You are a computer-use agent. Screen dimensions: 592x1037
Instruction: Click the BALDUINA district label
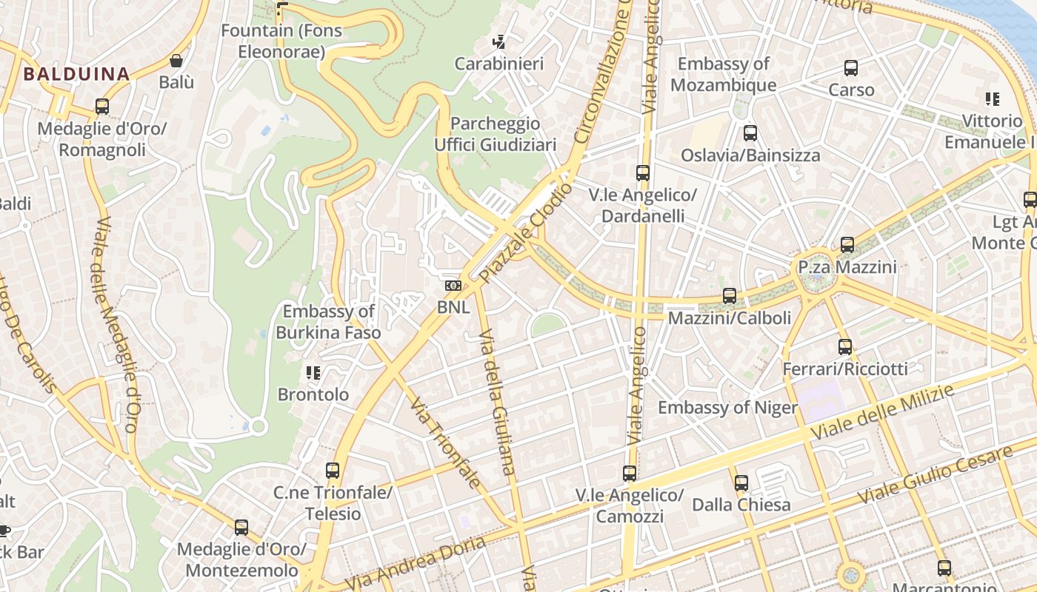[76, 74]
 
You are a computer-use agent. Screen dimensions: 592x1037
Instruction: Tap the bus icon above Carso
[851, 68]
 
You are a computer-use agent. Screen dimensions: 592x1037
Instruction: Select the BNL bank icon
[453, 286]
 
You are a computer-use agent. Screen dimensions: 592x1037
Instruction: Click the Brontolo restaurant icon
[313, 372]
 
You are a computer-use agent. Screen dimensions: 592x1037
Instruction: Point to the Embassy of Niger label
[727, 408]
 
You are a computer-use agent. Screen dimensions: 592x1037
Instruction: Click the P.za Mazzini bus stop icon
[847, 244]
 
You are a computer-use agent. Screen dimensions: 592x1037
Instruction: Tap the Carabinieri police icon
[500, 42]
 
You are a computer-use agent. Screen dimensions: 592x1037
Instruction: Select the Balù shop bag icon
[176, 61]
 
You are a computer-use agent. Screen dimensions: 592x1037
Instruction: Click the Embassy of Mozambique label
[723, 74]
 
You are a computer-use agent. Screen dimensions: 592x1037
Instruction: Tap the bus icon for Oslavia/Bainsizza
[750, 133]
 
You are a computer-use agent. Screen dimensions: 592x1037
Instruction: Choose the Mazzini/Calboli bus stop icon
[730, 296]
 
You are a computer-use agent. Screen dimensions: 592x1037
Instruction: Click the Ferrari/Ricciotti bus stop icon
[845, 346]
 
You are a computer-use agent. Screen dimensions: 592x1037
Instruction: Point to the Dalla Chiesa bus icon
[741, 483]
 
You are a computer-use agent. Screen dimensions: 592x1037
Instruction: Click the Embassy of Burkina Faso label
[328, 322]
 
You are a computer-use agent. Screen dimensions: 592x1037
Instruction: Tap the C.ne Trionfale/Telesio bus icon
[333, 470]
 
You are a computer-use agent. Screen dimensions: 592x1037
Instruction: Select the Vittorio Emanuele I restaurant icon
[993, 99]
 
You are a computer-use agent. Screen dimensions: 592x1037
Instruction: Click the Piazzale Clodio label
[526, 233]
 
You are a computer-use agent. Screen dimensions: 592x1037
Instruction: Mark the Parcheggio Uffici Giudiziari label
[495, 134]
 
